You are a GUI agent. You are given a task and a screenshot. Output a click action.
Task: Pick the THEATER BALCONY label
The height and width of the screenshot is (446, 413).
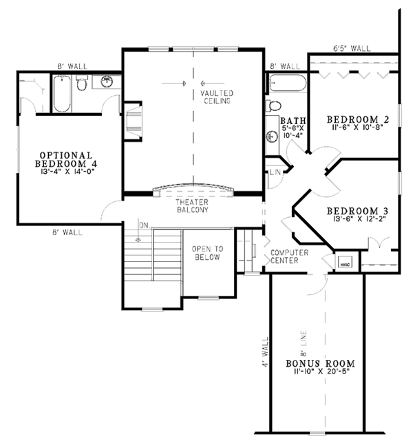click(x=192, y=205)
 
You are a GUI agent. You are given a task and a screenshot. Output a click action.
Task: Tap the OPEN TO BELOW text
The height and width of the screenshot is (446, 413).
click(x=206, y=253)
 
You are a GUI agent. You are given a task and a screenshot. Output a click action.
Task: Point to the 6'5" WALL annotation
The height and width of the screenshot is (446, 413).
click(x=352, y=49)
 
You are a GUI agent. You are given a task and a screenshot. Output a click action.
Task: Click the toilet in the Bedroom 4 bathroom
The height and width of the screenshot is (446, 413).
click(x=81, y=85)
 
